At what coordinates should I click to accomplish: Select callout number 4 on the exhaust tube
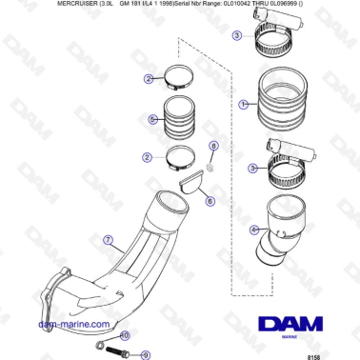tap(253, 230)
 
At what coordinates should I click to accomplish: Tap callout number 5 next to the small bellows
tap(152, 119)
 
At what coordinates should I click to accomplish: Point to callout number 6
tap(210, 201)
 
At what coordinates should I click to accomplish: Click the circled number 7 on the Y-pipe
tap(109, 240)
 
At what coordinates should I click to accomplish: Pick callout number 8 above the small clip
tap(212, 146)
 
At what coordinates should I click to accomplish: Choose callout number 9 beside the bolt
tap(146, 354)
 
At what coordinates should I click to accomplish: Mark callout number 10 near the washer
tap(123, 336)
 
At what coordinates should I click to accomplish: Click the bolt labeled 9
tap(119, 353)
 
